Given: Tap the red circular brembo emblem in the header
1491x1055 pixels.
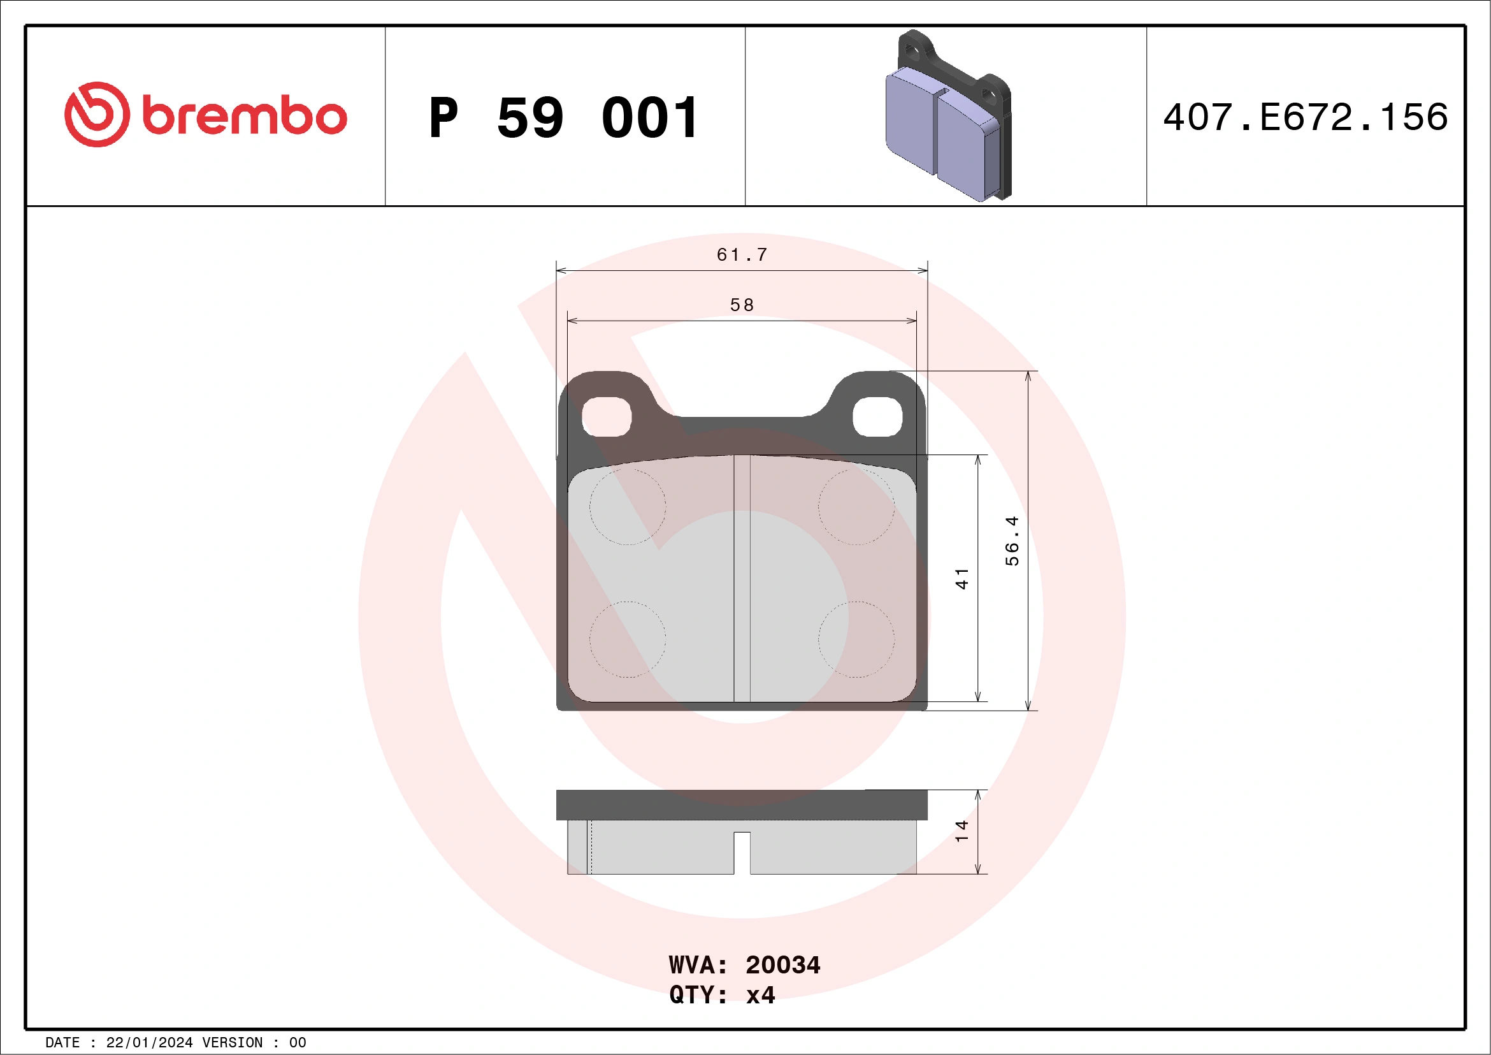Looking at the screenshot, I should click(x=97, y=114).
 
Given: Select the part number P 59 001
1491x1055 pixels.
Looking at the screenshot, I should click(x=564, y=118).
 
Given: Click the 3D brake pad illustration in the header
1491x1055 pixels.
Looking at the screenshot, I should click(x=947, y=117).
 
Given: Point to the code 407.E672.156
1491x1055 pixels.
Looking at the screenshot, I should click(x=1306, y=117).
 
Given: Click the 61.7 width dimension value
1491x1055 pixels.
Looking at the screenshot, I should click(x=742, y=254).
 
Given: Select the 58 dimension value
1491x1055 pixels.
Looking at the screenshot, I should click(x=742, y=305).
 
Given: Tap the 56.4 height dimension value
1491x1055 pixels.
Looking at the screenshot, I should click(x=1012, y=541).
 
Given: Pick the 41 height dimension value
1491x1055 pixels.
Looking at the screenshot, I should click(x=962, y=578).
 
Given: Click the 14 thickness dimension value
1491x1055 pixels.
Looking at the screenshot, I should click(x=962, y=831).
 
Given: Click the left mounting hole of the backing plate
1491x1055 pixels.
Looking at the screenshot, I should click(x=607, y=416).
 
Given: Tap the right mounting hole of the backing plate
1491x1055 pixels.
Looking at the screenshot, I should click(x=877, y=416).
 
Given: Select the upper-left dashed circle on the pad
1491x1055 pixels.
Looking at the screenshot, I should click(x=628, y=507).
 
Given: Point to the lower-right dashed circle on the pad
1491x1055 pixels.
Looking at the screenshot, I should click(x=856, y=639).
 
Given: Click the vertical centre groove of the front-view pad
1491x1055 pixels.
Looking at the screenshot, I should click(x=742, y=578).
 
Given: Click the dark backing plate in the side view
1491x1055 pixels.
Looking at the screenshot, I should click(x=742, y=805).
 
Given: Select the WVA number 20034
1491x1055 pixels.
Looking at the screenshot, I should click(x=782, y=965).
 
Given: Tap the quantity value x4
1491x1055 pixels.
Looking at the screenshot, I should click(x=760, y=995).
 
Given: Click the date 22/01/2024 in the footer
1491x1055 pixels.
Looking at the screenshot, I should click(x=149, y=1043).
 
